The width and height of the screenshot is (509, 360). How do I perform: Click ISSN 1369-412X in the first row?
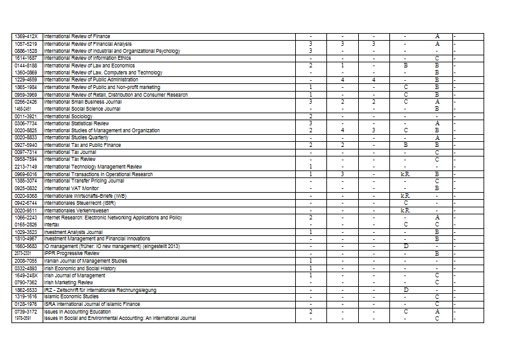[27, 36]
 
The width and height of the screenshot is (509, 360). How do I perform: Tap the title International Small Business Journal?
[83, 101]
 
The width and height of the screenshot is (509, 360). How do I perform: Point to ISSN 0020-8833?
[27, 137]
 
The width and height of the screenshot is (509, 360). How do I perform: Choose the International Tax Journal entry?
[70, 152]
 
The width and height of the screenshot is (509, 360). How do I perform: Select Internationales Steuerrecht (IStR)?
[76, 203]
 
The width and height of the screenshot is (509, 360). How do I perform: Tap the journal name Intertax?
[53, 225]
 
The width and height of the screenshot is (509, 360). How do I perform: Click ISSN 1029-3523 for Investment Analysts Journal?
[27, 232]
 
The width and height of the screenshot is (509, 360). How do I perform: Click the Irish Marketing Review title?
[69, 282]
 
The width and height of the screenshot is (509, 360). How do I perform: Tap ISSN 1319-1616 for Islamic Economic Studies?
[27, 296]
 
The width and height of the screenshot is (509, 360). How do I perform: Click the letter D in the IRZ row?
[405, 289]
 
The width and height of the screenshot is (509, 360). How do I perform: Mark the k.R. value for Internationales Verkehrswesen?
[405, 210]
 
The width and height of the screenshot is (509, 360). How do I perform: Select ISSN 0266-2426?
[27, 101]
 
